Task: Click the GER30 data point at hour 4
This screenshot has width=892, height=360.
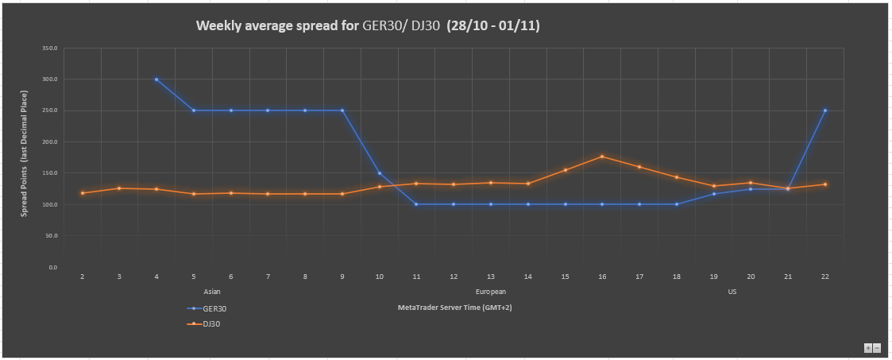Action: pyautogui.click(x=156, y=79)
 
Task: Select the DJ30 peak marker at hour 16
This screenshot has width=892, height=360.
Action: pyautogui.click(x=602, y=157)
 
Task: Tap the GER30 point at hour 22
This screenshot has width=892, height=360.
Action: pyautogui.click(x=825, y=110)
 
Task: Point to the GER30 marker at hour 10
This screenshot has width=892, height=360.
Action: pyautogui.click(x=380, y=173)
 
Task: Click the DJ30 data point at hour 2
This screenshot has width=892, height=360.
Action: pyautogui.click(x=83, y=193)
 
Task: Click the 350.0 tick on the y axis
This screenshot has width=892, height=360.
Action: pyautogui.click(x=51, y=48)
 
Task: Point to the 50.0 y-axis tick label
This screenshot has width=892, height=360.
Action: pyautogui.click(x=52, y=236)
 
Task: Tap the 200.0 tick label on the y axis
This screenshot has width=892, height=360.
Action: pyautogui.click(x=51, y=142)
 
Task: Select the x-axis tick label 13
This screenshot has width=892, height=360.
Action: pyautogui.click(x=491, y=277)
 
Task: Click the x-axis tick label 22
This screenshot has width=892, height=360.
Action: pyautogui.click(x=825, y=277)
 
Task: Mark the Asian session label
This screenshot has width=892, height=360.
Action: pyautogui.click(x=212, y=292)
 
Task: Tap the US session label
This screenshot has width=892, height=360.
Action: pyautogui.click(x=732, y=292)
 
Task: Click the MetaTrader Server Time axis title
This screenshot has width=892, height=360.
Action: pyautogui.click(x=454, y=307)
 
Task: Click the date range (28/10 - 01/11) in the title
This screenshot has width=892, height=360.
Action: pyautogui.click(x=493, y=26)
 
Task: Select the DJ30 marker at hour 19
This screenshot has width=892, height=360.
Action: pyautogui.click(x=714, y=186)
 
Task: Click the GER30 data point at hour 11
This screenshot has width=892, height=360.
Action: pyautogui.click(x=416, y=204)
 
